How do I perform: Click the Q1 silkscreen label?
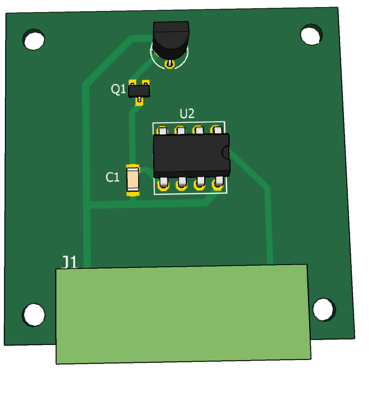pyautogui.click(x=118, y=89)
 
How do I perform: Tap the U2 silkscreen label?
pyautogui.click(x=187, y=113)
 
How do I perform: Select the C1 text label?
pyautogui.click(x=112, y=177)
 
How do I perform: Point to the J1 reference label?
pyautogui.click(x=69, y=262)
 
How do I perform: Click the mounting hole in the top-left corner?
pyautogui.click(x=34, y=39)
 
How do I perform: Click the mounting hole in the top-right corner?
pyautogui.click(x=311, y=35)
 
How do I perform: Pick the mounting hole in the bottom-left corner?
pyautogui.click(x=34, y=315)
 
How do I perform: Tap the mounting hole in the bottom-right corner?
pyautogui.click(x=324, y=310)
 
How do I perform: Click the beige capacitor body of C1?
pyautogui.click(x=133, y=179)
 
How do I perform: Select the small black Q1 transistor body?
pyautogui.click(x=139, y=91)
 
